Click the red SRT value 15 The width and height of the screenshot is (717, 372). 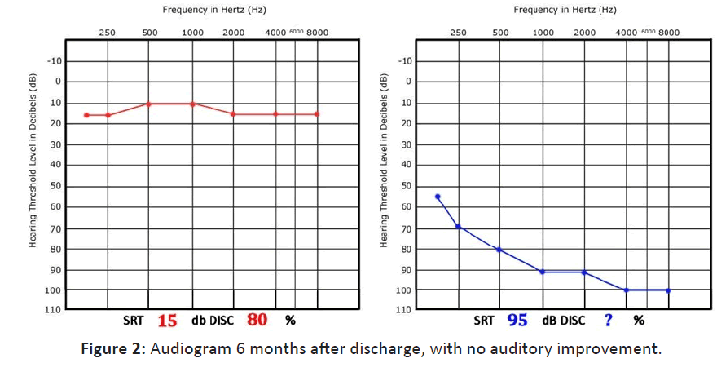pos(167,321)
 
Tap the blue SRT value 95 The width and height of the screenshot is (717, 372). pos(517,321)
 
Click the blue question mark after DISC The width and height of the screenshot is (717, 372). pos(608,321)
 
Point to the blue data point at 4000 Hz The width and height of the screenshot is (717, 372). pos(627,290)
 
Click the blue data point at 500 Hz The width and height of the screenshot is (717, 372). pos(499,250)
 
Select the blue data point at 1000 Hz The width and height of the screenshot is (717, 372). pos(543,272)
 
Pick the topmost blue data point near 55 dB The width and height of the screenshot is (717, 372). pos(438,197)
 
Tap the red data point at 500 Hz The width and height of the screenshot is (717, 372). pos(148,104)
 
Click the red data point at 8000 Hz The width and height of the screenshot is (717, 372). pos(317,114)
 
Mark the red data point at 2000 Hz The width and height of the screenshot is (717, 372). pos(233,114)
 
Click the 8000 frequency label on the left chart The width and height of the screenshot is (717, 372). pos(317,33)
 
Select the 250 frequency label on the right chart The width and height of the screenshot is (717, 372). pos(459,33)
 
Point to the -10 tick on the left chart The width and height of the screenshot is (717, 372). pos(53,61)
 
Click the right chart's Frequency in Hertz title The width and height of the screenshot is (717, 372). pos(565,10)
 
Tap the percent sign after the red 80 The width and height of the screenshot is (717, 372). pos(290,321)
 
